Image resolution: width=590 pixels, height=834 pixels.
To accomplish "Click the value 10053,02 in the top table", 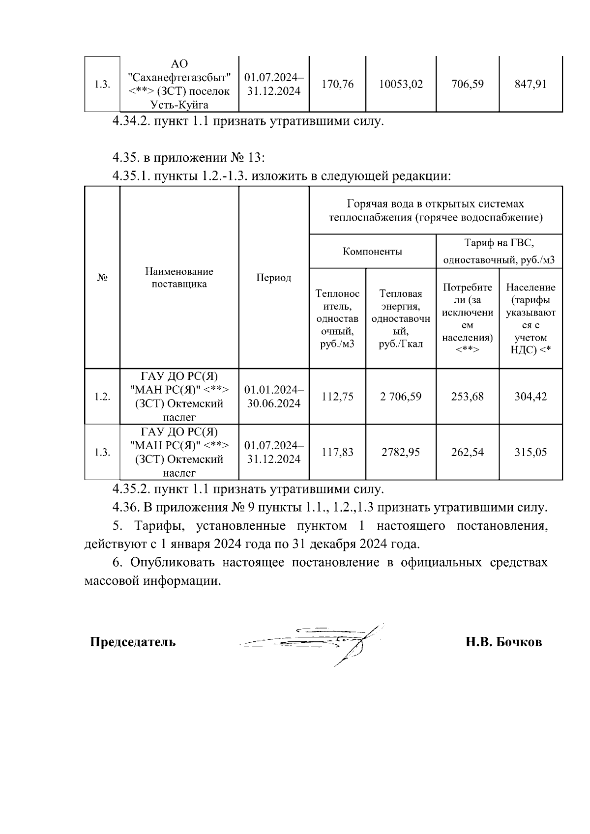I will click(x=401, y=84).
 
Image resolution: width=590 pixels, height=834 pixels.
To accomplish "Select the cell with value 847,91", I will click(x=531, y=84).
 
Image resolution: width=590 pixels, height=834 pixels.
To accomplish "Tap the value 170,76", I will click(x=337, y=84).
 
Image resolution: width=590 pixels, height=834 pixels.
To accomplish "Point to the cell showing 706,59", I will click(x=467, y=84).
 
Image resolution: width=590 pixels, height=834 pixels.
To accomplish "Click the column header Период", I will click(x=274, y=278).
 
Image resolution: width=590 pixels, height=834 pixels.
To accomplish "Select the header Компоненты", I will click(x=372, y=252).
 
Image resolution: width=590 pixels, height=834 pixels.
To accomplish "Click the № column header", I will click(x=102, y=278).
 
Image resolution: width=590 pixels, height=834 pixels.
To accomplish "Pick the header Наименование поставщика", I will click(x=179, y=278).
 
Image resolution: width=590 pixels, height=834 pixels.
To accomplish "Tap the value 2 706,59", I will click(x=401, y=396).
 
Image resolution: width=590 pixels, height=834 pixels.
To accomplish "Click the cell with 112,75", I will click(x=337, y=396).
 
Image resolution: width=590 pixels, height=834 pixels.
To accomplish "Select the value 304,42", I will click(x=531, y=396).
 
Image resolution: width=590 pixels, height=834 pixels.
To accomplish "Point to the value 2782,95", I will click(x=401, y=452).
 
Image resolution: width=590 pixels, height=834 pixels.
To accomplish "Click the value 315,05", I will click(x=531, y=452).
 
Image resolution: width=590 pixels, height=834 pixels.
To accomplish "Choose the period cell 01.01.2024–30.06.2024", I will click(x=274, y=396).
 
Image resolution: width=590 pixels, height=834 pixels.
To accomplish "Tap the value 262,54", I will click(x=467, y=452).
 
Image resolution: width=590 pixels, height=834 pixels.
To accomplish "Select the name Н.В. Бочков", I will click(x=504, y=642).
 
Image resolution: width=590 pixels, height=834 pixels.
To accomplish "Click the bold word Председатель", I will click(x=133, y=642).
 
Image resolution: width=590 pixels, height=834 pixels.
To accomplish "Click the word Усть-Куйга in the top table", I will click(x=179, y=105).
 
